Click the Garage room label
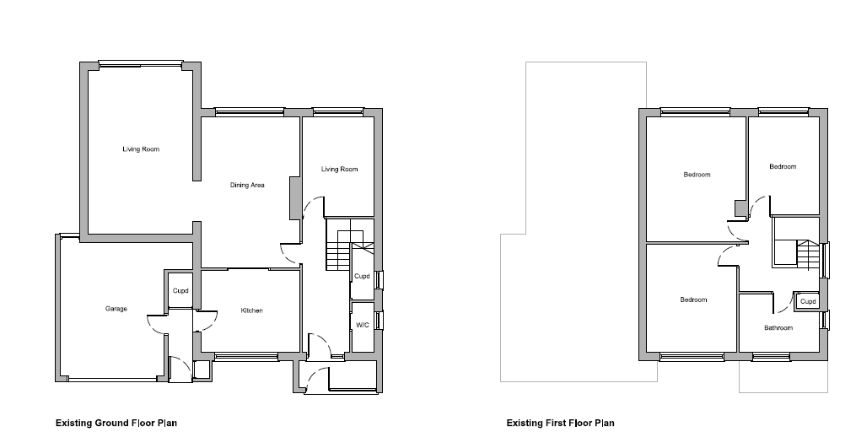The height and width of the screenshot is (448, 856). pyautogui.click(x=116, y=309)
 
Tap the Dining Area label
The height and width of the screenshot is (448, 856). pyautogui.click(x=247, y=186)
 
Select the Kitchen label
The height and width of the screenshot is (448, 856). pyautogui.click(x=251, y=310)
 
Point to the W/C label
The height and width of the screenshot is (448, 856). pyautogui.click(x=363, y=325)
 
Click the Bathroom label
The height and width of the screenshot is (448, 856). pyautogui.click(x=778, y=328)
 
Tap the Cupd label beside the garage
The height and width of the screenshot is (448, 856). pyautogui.click(x=180, y=291)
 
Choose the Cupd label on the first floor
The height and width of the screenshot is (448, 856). pyautogui.click(x=808, y=301)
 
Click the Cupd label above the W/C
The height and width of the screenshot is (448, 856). pyautogui.click(x=362, y=276)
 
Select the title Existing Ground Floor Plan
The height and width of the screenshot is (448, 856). pyautogui.click(x=116, y=423)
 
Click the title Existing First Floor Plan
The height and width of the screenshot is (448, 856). pyautogui.click(x=560, y=423)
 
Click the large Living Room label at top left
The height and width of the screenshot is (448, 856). pyautogui.click(x=141, y=149)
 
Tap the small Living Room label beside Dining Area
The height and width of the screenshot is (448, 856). pyautogui.click(x=340, y=170)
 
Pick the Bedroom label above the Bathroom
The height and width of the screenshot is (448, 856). pyautogui.click(x=693, y=300)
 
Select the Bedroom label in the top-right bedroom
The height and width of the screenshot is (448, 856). pyautogui.click(x=783, y=167)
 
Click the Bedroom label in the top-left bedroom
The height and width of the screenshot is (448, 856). pyautogui.click(x=697, y=175)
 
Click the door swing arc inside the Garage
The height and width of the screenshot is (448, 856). pyautogui.click(x=153, y=327)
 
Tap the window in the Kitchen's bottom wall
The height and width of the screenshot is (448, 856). pyautogui.click(x=246, y=357)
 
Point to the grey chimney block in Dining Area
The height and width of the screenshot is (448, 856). pyautogui.click(x=295, y=197)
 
